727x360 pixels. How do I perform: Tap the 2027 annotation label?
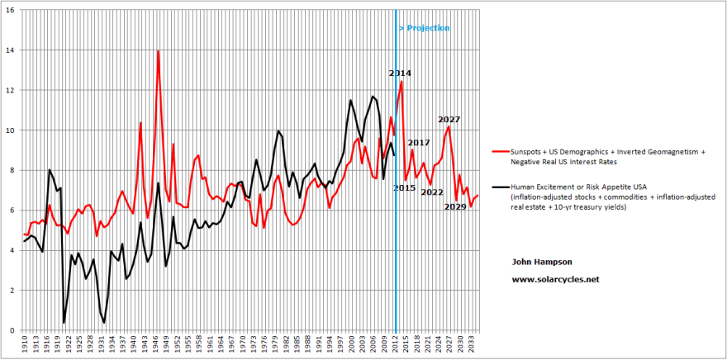[x=449, y=120]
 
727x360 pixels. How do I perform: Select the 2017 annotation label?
[x=419, y=144]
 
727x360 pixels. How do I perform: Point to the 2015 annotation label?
[x=403, y=188]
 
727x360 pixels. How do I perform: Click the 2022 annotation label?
[x=432, y=192]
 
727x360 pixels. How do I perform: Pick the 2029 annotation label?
[x=455, y=206]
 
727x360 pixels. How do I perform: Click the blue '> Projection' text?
[x=424, y=28]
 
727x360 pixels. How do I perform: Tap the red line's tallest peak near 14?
[x=158, y=51]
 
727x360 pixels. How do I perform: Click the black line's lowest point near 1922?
[x=64, y=322]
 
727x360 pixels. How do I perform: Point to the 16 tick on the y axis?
[x=9, y=10]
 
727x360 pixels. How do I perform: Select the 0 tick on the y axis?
[x=11, y=330]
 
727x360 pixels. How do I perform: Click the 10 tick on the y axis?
[x=9, y=130]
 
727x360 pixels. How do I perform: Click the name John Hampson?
[x=541, y=262]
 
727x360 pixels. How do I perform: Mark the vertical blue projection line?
[x=397, y=206]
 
